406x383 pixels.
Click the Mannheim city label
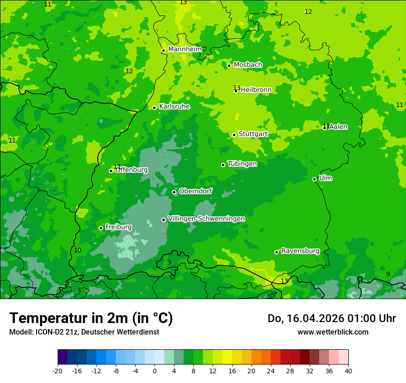click(185, 49)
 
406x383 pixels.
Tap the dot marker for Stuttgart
click(234, 135)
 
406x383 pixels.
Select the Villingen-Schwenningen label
click(206, 219)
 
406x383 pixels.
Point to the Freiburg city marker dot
click(101, 228)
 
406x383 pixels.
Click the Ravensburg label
click(300, 251)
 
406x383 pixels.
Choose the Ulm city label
click(325, 178)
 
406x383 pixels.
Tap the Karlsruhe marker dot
click(154, 108)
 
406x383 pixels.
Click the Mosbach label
click(248, 65)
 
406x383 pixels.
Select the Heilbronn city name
click(256, 90)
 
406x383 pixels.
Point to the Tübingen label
click(242, 164)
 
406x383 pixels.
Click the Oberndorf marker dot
click(174, 192)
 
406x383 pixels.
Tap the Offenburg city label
click(131, 170)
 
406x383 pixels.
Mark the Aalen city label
click(338, 127)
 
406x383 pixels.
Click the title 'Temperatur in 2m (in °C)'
click(91, 318)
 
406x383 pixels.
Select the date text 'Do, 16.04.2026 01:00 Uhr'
click(332, 318)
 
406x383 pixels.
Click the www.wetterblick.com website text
click(333, 332)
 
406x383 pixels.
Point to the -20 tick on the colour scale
click(58, 371)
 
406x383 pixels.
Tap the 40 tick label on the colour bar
click(348, 371)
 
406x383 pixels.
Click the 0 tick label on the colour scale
click(155, 371)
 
